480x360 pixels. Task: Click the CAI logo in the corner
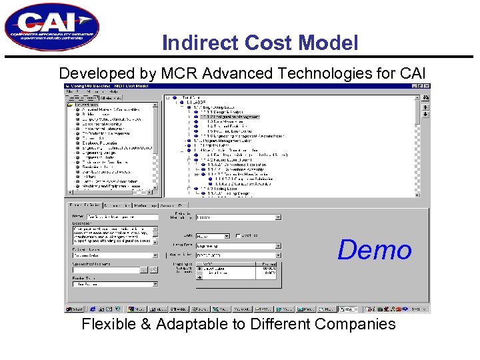click(x=51, y=27)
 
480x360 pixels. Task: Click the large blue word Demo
click(x=374, y=250)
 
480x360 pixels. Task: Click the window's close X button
click(x=426, y=87)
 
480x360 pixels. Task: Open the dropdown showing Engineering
click(x=238, y=245)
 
